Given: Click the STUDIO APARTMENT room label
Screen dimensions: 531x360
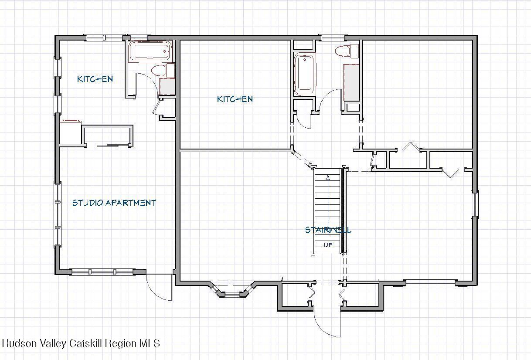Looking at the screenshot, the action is tap(114, 203).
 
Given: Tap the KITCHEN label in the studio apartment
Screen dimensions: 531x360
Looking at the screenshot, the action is tap(95, 79).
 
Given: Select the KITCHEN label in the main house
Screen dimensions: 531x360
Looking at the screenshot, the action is tap(235, 99).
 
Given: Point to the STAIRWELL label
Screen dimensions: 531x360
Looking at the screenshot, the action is tap(328, 230).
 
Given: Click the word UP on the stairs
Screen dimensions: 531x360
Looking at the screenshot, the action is tap(328, 245).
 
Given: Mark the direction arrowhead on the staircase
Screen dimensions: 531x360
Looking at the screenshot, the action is tap(328, 177).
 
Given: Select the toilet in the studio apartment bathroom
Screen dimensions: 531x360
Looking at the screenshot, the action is tap(163, 70).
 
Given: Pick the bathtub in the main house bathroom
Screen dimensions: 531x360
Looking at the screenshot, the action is tap(304, 74).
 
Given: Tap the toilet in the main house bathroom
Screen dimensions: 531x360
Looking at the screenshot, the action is tap(347, 51).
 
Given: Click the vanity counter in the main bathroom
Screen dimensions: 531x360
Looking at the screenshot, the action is tap(351, 82).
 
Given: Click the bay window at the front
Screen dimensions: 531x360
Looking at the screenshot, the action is tap(232, 289).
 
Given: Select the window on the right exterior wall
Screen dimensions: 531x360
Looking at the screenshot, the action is tap(475, 204).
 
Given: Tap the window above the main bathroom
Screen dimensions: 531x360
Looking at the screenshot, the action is tap(333, 37).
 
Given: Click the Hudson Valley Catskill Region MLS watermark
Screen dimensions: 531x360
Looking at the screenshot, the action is tap(81, 343).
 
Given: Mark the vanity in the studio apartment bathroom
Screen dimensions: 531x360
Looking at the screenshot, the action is tap(167, 86).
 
